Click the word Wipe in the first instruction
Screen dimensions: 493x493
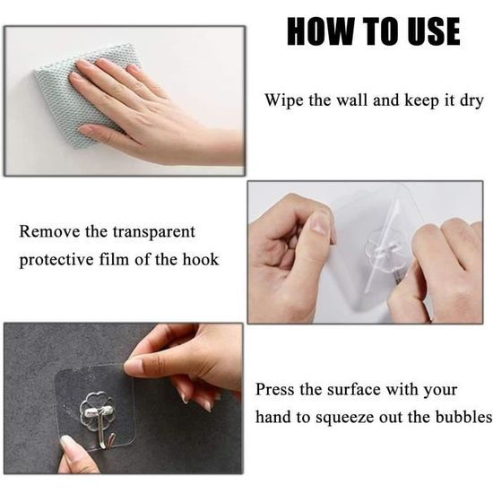tap(284, 100)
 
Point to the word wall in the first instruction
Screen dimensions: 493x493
tap(352, 100)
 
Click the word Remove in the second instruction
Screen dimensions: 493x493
tap(49, 232)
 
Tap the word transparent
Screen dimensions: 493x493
tap(154, 233)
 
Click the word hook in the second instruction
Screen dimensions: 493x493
tap(201, 259)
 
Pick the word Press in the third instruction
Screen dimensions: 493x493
tap(275, 390)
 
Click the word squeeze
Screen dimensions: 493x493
tap(345, 419)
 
